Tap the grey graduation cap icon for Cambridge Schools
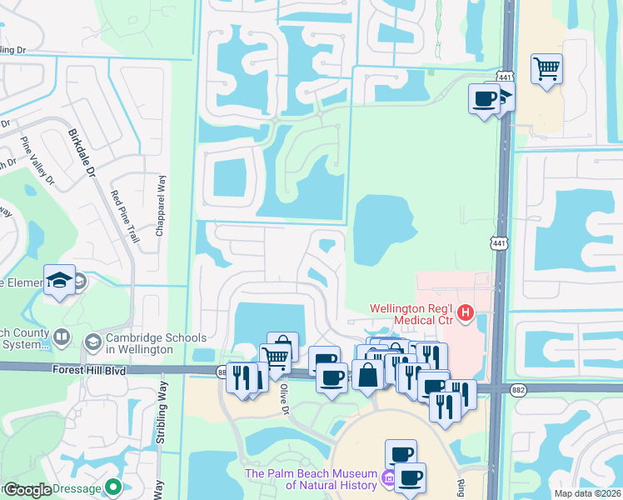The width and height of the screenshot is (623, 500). [93, 342]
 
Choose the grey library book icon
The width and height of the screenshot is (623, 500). [62, 337]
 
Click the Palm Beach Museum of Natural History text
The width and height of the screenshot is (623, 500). [311, 479]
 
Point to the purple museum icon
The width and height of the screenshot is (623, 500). [387, 478]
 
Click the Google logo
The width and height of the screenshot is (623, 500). [27, 489]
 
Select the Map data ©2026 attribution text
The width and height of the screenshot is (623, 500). [587, 493]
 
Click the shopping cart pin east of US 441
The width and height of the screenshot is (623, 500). [546, 68]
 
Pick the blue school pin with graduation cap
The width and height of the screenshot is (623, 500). [59, 281]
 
